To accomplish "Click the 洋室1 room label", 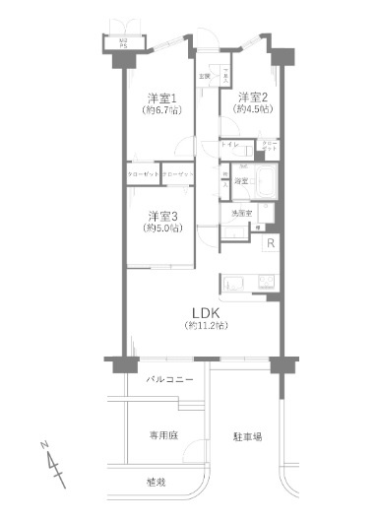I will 161,98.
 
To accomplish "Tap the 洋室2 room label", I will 251,96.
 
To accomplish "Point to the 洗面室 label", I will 240,212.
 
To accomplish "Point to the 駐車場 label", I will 247,433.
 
